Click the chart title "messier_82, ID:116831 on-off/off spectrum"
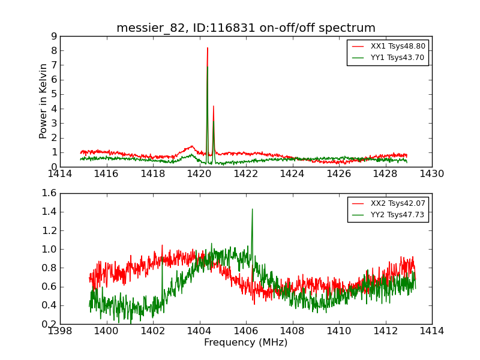(x=246, y=28)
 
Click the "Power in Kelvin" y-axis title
(x=43, y=101)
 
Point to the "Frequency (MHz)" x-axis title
(x=246, y=343)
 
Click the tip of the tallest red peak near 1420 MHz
(x=208, y=48)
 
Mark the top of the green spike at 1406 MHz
(x=252, y=209)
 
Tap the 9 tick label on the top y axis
(x=53, y=36)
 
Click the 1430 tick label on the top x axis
(x=431, y=173)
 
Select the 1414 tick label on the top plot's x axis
(x=60, y=173)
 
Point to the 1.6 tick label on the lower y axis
(x=49, y=193)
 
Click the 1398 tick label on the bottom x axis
(x=60, y=331)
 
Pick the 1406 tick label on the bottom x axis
(x=246, y=331)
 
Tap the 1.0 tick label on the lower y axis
(x=49, y=249)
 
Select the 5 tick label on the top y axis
(x=53, y=94)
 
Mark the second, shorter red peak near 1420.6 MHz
(x=214, y=106)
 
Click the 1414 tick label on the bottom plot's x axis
(x=431, y=331)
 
